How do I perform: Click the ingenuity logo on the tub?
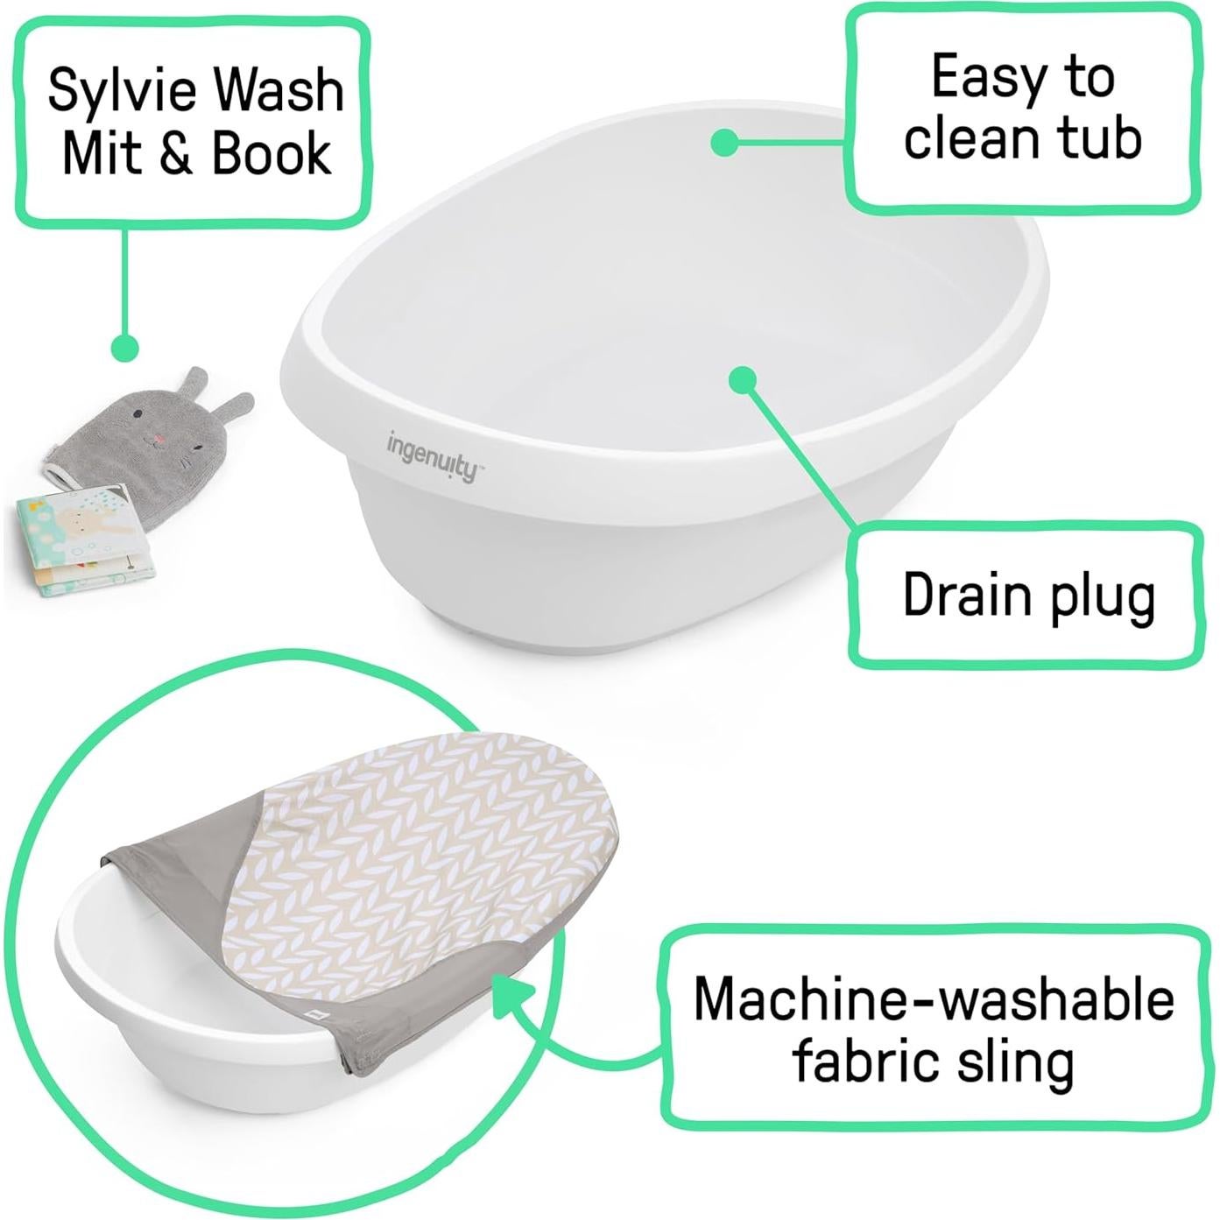tap(433, 454)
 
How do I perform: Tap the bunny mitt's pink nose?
tap(158, 438)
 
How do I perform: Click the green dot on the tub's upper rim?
tap(724, 142)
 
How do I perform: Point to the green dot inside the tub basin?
tap(743, 379)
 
